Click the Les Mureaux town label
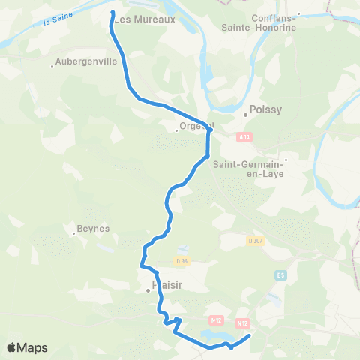pos(145,20)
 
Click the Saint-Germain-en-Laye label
pos(248,169)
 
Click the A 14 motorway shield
pos(242,137)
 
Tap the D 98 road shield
pos(180,261)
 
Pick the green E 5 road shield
pos(280,274)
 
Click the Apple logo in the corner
pos(12,347)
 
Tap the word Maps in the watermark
pos(32,347)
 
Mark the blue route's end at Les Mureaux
pos(112,13)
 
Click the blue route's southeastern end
pos(248,335)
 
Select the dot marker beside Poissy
pos(245,115)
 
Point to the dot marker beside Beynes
pos(73,234)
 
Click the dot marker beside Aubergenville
pos(51,67)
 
